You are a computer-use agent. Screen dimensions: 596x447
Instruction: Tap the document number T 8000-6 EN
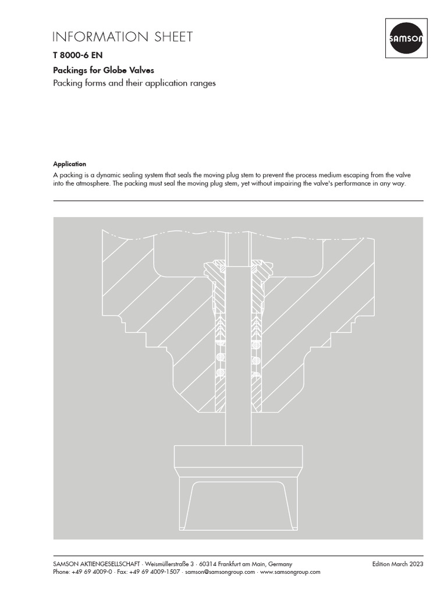click(x=73, y=56)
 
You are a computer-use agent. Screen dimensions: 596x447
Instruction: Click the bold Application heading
click(x=69, y=164)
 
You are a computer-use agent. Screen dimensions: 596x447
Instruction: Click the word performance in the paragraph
click(x=342, y=184)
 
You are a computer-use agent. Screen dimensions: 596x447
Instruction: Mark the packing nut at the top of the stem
click(x=238, y=268)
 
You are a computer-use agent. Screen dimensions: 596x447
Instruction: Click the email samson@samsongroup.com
click(x=221, y=572)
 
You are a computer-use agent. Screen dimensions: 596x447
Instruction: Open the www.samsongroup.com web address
click(x=290, y=572)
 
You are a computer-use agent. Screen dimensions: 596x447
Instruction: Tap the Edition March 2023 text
click(x=398, y=564)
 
